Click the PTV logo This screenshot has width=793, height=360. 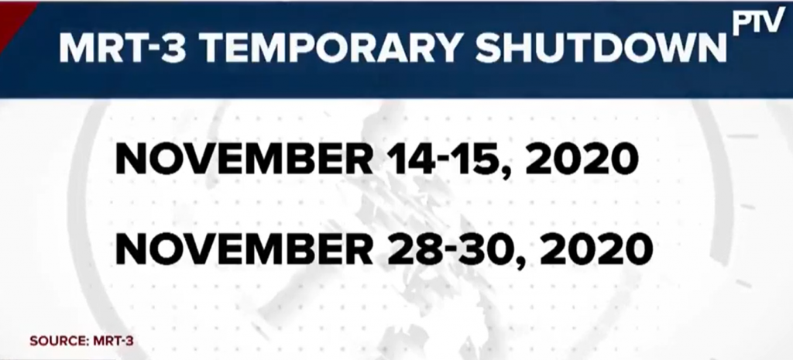[759, 22]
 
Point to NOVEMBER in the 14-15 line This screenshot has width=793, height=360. [244, 159]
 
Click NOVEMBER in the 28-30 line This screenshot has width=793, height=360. [244, 249]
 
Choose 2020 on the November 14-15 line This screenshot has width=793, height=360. [582, 159]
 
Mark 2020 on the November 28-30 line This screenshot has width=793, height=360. [596, 249]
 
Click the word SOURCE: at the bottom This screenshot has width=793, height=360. [59, 341]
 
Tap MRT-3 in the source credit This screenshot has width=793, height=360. [113, 341]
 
